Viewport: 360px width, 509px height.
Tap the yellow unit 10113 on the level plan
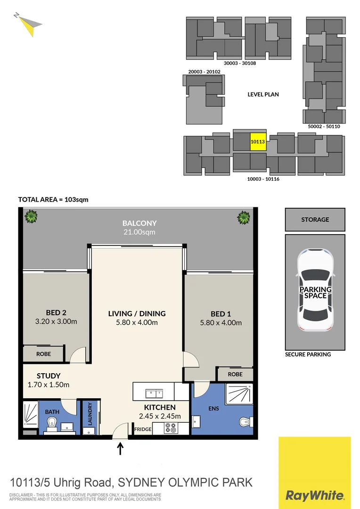click(x=258, y=141)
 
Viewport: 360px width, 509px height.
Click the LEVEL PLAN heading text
click(x=263, y=94)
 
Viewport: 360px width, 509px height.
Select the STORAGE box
click(x=315, y=220)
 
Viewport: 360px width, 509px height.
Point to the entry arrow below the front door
click(x=120, y=448)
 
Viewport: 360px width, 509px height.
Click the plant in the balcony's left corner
click(x=31, y=217)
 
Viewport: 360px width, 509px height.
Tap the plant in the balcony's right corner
click(x=244, y=217)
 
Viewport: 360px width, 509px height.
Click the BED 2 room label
click(x=53, y=312)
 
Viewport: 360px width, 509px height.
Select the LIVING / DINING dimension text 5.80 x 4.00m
click(x=137, y=323)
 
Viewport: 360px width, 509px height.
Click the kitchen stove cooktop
click(x=170, y=428)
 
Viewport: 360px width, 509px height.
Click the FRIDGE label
click(x=142, y=429)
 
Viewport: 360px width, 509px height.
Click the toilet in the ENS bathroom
click(x=244, y=421)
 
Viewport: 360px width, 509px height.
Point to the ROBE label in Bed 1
click(x=235, y=374)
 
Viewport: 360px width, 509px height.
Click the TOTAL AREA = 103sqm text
click(x=53, y=199)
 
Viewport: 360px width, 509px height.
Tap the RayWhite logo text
click(x=315, y=495)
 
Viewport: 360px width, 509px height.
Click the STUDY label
click(x=49, y=376)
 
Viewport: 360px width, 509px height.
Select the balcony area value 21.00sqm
click(x=139, y=232)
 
